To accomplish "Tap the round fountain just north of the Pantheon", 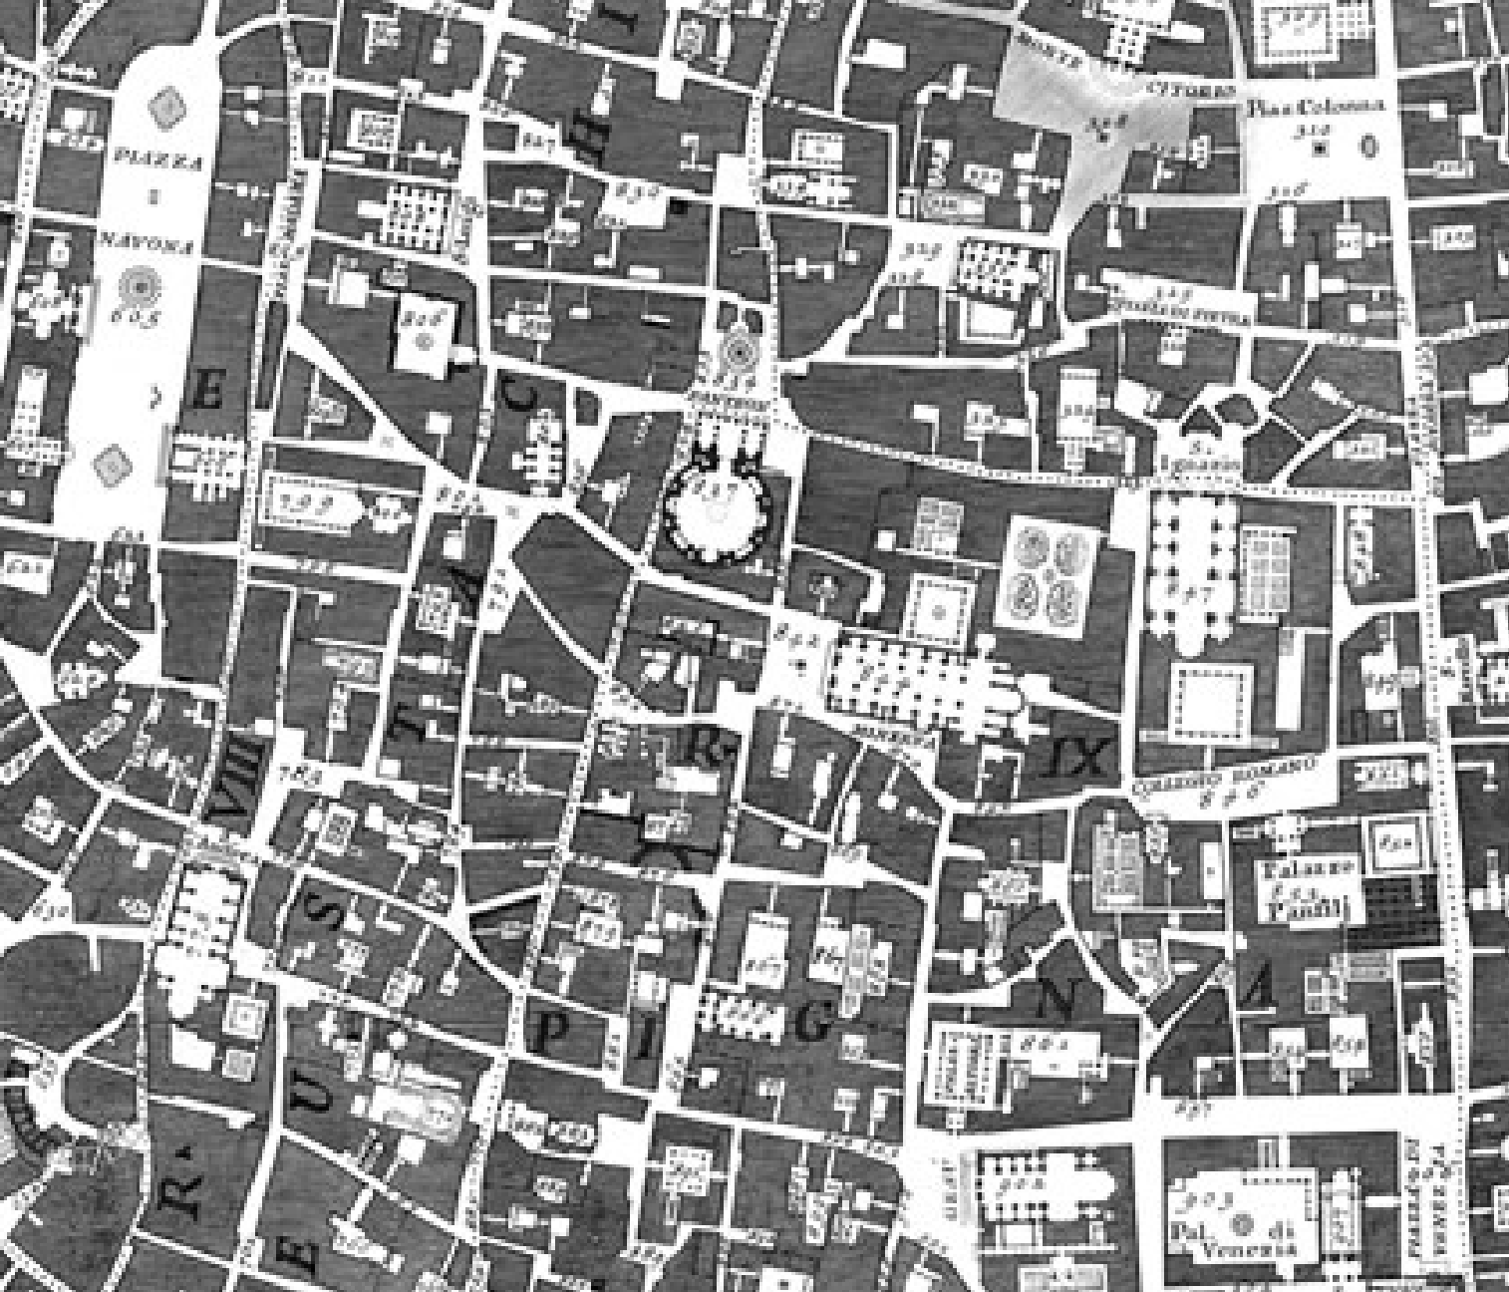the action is (739, 349).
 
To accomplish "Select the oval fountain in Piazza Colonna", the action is (1367, 148).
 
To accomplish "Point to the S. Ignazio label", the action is (1212, 462).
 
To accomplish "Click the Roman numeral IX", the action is (1077, 758).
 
